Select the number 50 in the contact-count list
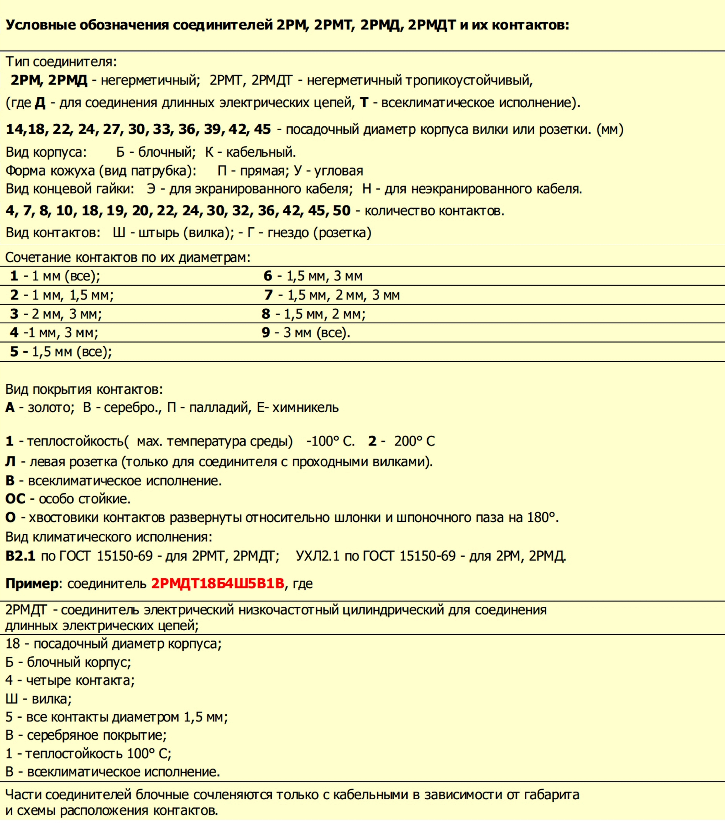point(342,211)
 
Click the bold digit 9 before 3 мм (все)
point(266,333)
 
